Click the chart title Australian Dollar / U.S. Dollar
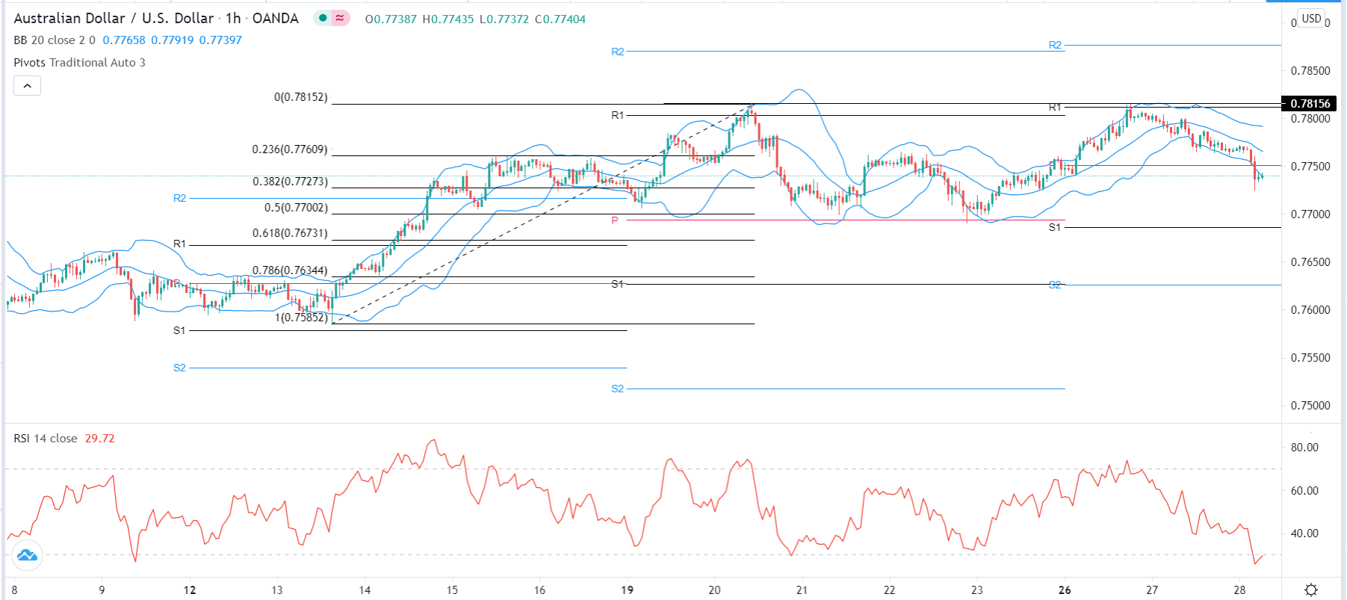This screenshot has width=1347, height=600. pyautogui.click(x=114, y=18)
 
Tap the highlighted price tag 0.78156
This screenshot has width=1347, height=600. pyautogui.click(x=1309, y=104)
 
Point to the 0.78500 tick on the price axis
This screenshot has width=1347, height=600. pyautogui.click(x=1310, y=71)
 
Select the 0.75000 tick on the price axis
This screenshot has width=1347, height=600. pyautogui.click(x=1310, y=406)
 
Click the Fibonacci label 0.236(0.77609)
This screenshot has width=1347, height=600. pyautogui.click(x=290, y=149)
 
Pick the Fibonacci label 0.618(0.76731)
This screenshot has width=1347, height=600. pyautogui.click(x=290, y=233)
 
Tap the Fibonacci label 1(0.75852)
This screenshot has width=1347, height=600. pyautogui.click(x=301, y=318)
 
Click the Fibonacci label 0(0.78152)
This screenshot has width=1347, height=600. pyautogui.click(x=301, y=97)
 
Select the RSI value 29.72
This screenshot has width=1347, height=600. pyautogui.click(x=99, y=439)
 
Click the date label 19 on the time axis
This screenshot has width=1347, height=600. pyautogui.click(x=627, y=590)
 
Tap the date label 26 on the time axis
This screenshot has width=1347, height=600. pyautogui.click(x=1065, y=590)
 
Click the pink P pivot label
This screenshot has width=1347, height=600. pyautogui.click(x=615, y=220)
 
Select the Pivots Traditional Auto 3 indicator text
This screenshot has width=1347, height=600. pyautogui.click(x=79, y=63)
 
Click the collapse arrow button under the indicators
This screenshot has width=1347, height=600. pyautogui.click(x=27, y=86)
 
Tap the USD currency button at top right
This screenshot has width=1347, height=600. pyautogui.click(x=1311, y=19)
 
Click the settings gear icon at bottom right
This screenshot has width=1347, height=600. pyautogui.click(x=1311, y=590)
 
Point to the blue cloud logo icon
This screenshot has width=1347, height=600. pyautogui.click(x=27, y=555)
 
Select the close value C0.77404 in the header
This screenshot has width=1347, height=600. pyautogui.click(x=560, y=19)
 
